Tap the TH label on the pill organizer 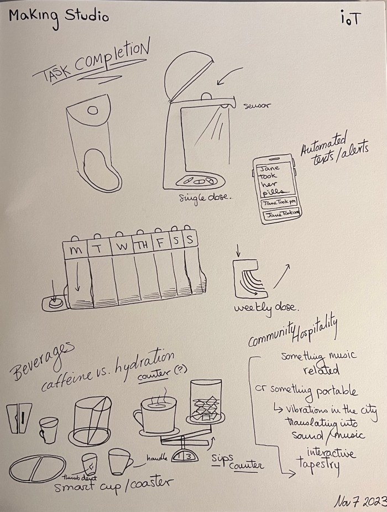(x=143, y=245)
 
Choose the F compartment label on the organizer (x=161, y=243)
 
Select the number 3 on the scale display (x=188, y=456)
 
